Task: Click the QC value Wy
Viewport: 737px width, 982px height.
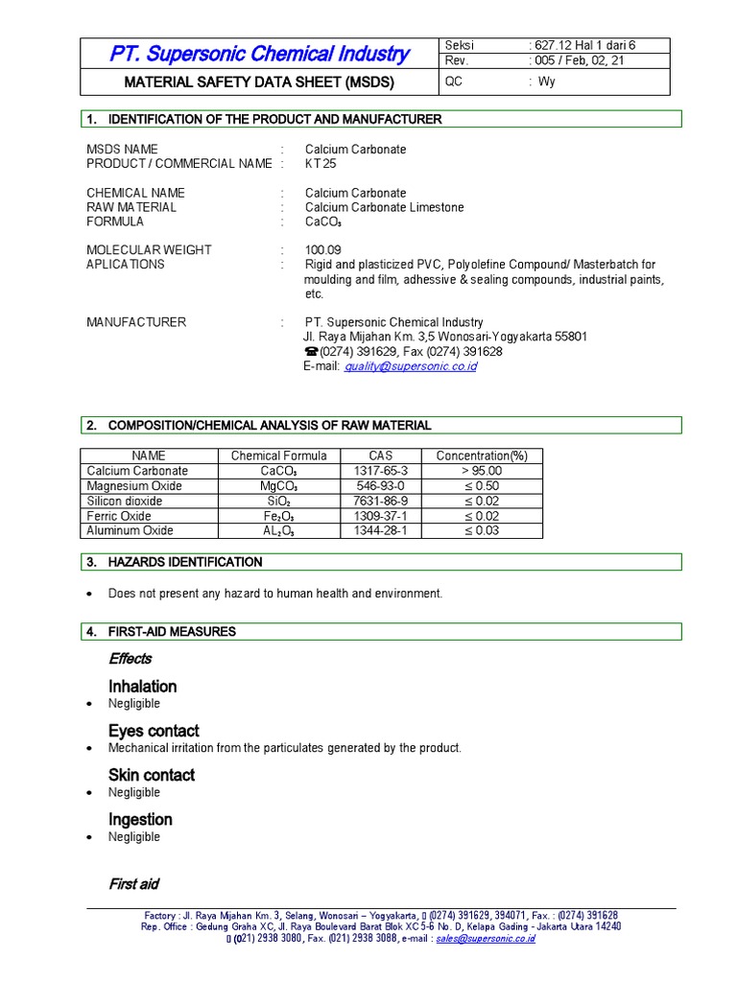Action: point(546,82)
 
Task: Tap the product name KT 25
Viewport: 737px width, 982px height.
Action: point(321,164)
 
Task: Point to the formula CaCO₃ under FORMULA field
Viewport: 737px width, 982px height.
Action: point(326,222)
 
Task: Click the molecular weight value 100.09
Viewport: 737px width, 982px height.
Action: point(323,250)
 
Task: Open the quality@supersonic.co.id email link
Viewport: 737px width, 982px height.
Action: point(410,366)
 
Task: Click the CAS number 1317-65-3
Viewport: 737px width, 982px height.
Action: point(381,471)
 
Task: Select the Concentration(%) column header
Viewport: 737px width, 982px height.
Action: point(482,456)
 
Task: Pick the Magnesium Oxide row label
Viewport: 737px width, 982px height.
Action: point(134,486)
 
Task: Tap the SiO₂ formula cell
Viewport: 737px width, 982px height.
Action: point(278,501)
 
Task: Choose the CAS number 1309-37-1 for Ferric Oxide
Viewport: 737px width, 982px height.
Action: point(381,516)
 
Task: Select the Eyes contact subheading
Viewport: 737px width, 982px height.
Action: point(154,731)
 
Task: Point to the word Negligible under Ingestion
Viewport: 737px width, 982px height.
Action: point(134,837)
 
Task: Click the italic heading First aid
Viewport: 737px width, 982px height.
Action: point(133,884)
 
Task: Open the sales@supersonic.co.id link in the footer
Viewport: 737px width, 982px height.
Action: point(485,939)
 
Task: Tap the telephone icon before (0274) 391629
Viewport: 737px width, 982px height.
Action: point(310,352)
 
